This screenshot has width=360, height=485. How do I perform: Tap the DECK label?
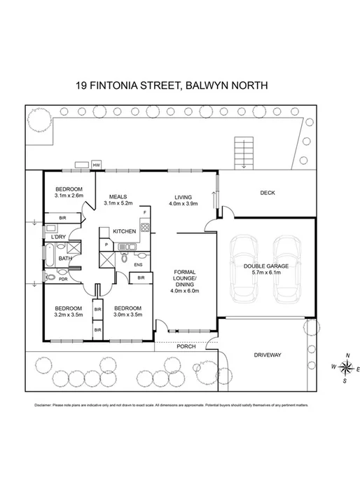pyautogui.click(x=267, y=193)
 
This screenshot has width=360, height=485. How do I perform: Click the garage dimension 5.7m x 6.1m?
pyautogui.click(x=265, y=274)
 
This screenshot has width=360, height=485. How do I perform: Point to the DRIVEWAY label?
pyautogui.click(x=267, y=355)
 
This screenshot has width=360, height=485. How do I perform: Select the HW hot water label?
pyautogui.click(x=96, y=165)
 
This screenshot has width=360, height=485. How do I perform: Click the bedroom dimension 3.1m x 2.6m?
pyautogui.click(x=69, y=196)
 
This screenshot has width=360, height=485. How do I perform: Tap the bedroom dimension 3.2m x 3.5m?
pyautogui.click(x=68, y=315)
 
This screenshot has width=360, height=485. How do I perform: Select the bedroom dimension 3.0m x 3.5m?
pyautogui.click(x=127, y=315)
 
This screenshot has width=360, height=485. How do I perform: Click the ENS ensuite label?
pyautogui.click(x=139, y=265)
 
